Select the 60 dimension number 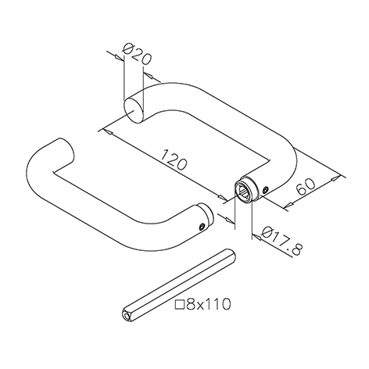click(306, 187)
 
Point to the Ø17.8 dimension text click(282, 242)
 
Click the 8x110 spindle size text click(208, 304)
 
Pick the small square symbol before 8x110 click(181, 304)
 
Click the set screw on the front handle click(201, 227)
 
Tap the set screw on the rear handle click(265, 190)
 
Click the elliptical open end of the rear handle click(134, 110)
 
